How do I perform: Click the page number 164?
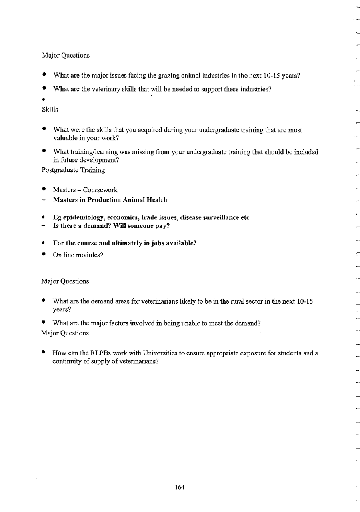179,487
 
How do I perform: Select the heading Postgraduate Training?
73,170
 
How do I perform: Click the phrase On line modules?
78,255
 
